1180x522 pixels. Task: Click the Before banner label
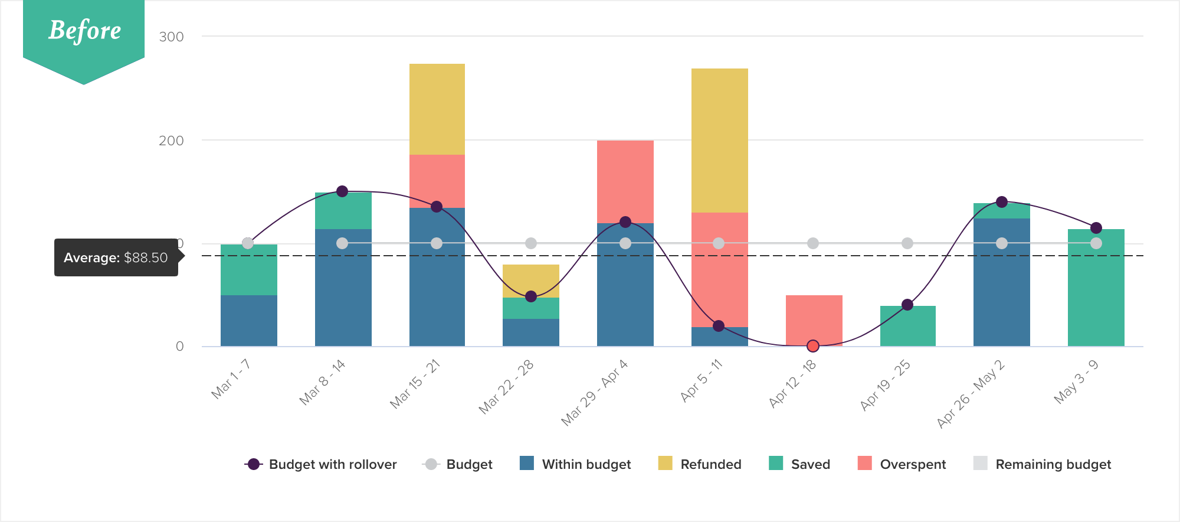[84, 31]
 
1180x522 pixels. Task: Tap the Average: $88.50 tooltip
[116, 257]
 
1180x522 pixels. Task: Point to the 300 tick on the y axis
[171, 37]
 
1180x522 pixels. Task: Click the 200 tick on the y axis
[171, 141]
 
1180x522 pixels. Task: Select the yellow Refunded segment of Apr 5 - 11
[719, 141]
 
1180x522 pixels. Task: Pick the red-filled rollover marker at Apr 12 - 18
[813, 346]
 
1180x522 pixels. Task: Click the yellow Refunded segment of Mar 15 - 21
[437, 109]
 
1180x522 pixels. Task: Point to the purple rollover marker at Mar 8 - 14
[342, 191]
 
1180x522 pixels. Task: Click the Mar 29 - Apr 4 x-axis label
[594, 393]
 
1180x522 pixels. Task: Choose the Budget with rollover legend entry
[321, 464]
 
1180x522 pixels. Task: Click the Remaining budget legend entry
[1042, 464]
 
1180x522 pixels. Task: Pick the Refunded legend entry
[700, 464]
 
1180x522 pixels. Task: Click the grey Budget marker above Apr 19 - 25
[907, 243]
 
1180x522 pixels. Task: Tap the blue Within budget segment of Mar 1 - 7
[248, 320]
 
